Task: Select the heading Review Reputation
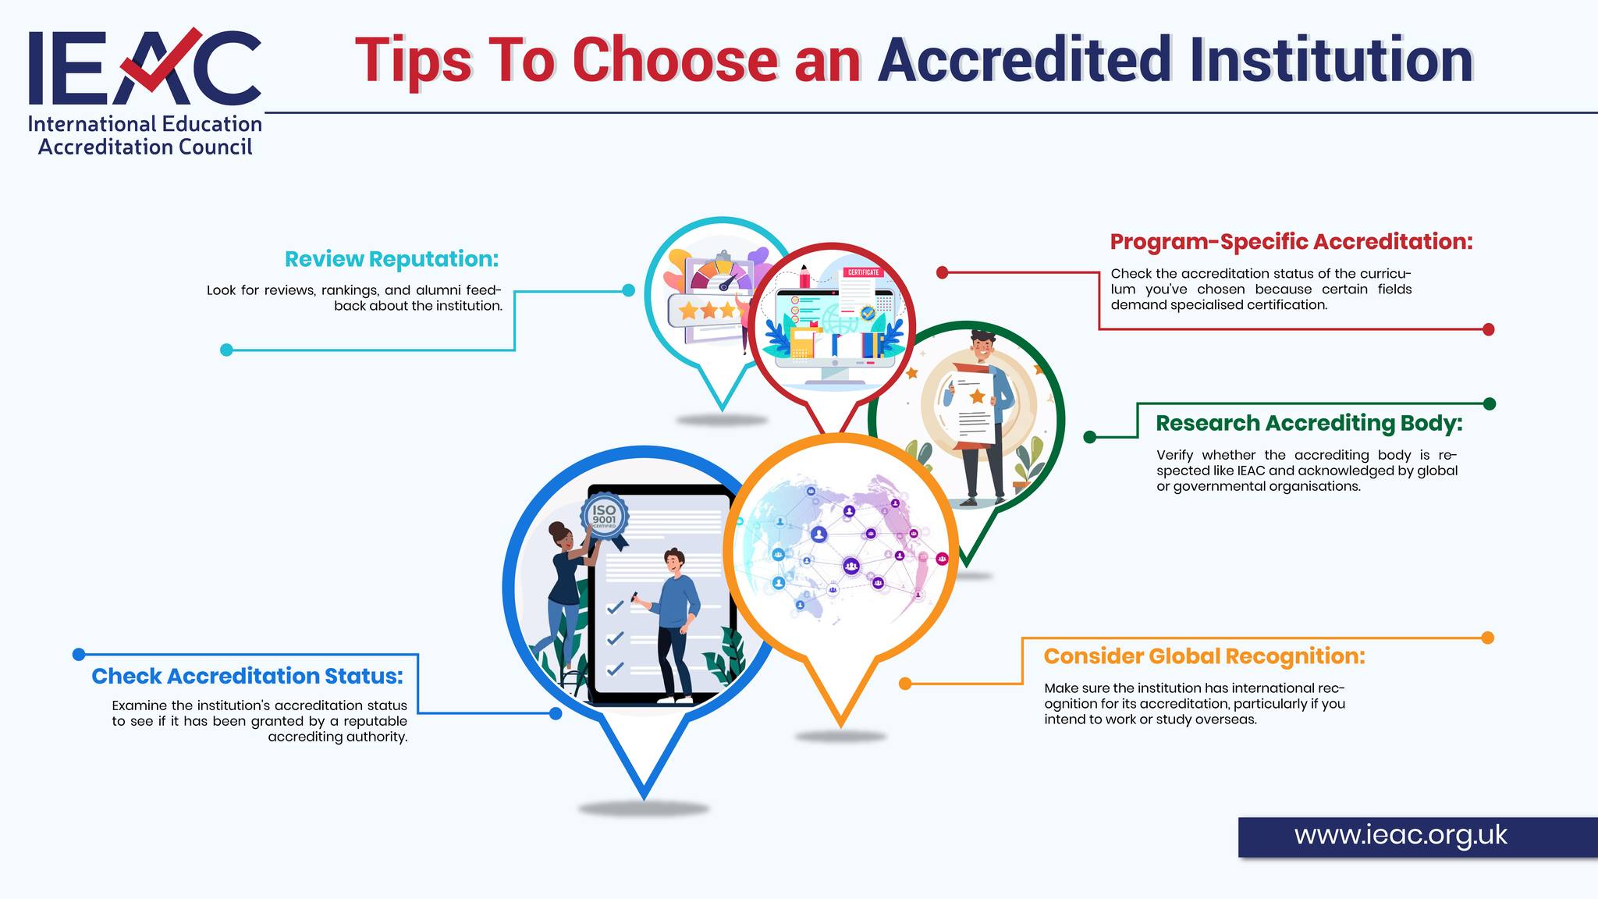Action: point(392,258)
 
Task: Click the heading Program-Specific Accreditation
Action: point(1291,241)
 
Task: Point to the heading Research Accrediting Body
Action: point(1309,423)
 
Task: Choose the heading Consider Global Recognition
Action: point(1205,656)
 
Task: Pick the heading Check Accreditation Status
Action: point(247,676)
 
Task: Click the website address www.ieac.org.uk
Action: point(1401,835)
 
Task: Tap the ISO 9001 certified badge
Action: point(604,517)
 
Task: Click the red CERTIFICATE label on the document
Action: point(863,272)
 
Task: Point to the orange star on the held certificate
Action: point(977,396)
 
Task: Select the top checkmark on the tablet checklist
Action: point(615,606)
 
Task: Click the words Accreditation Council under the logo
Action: point(145,147)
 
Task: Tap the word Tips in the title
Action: point(414,60)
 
